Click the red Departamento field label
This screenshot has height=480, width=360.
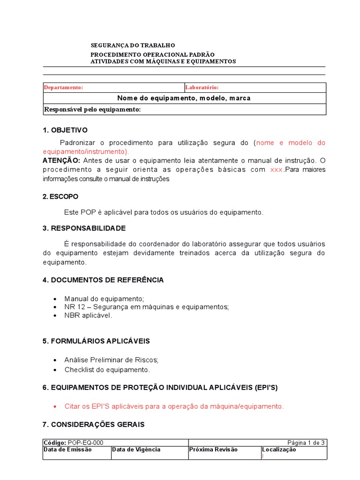click(63, 88)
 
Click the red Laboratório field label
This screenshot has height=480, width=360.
click(202, 88)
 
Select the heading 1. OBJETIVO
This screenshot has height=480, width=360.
click(65, 130)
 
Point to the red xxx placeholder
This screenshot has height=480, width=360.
click(277, 170)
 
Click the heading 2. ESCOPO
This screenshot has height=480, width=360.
click(60, 196)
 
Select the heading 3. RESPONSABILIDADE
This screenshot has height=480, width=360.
click(84, 228)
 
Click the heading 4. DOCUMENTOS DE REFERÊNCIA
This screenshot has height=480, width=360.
click(103, 280)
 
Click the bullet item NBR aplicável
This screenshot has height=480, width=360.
click(88, 315)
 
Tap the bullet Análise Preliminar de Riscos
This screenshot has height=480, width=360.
click(112, 360)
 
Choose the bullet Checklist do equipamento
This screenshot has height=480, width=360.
click(107, 370)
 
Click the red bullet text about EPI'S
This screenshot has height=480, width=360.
click(174, 406)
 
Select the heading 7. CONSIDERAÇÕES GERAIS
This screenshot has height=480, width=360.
click(93, 425)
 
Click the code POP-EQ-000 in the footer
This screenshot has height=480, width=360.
click(86, 442)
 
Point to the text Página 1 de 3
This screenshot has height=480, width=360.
click(306, 442)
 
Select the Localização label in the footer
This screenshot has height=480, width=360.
click(279, 450)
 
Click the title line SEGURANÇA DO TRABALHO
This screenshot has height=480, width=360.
click(133, 45)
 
